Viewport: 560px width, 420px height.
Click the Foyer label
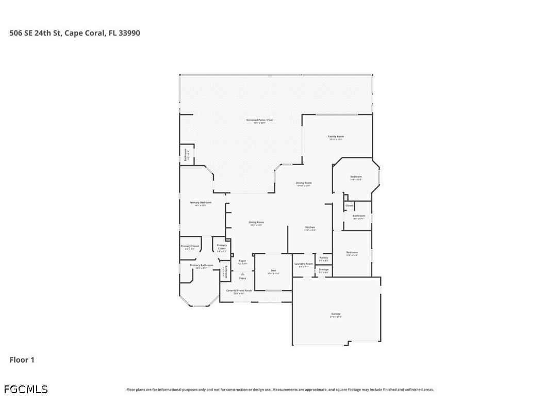(242, 262)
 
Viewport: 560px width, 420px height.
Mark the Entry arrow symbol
(242, 274)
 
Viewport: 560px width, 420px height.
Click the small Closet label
(349, 205)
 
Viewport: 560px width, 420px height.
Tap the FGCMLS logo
(26, 390)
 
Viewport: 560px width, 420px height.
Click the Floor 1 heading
(22, 360)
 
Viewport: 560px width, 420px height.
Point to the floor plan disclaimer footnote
(280, 390)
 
